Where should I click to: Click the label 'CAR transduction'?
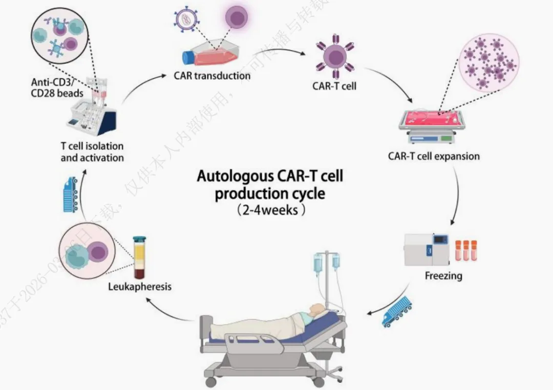212,76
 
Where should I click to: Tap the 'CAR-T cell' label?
334,86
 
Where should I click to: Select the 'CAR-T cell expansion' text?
434,156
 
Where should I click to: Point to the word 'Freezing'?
443,276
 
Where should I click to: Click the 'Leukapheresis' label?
139,286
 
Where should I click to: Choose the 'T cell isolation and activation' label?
92,152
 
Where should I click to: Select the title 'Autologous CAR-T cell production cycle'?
270,186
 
